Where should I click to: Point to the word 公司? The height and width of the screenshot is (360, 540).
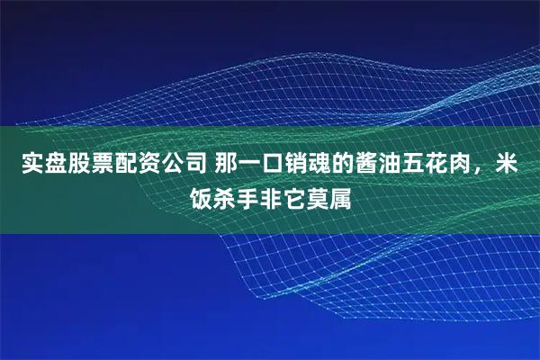click(x=183, y=166)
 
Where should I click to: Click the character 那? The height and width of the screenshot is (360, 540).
click(x=228, y=166)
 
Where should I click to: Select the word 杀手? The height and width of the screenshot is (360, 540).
click(x=237, y=193)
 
